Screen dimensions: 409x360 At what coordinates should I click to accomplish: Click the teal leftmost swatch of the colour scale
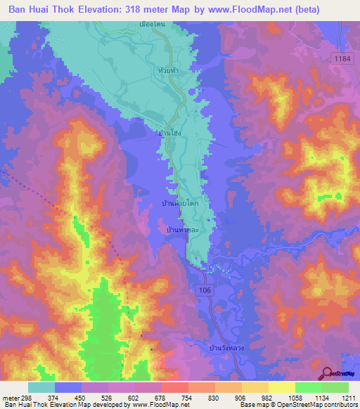coord(41,387)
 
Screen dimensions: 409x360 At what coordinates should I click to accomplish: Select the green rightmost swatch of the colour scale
coord(335,387)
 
